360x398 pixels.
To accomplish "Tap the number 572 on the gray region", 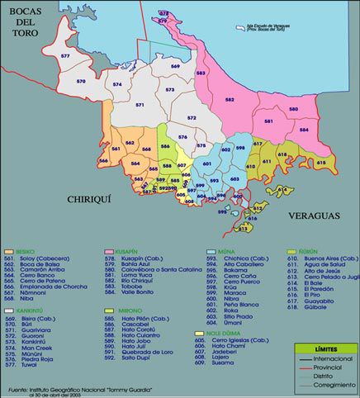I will point(192,118).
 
